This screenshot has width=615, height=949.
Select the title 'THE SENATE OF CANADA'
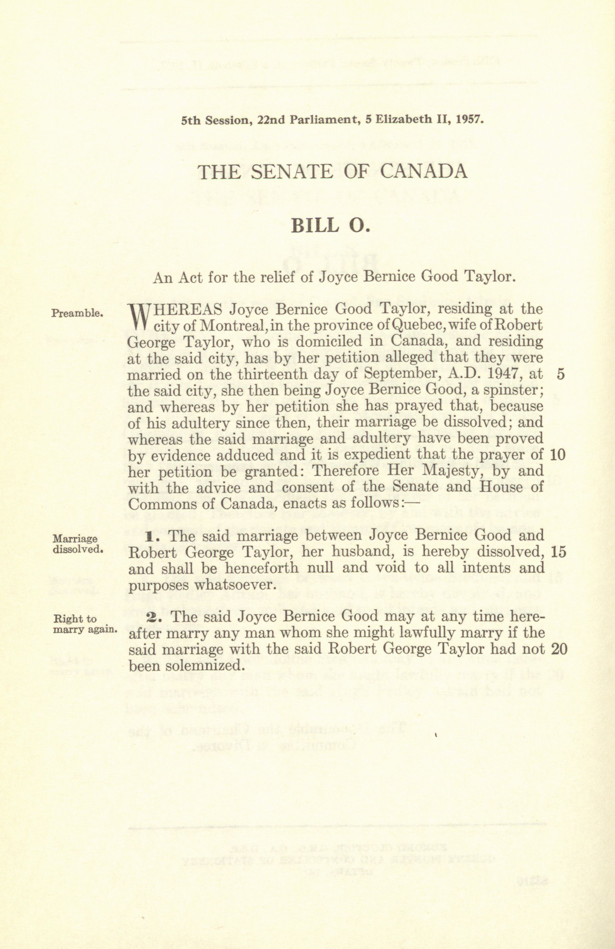(x=332, y=172)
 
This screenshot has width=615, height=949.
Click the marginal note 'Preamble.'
(x=78, y=313)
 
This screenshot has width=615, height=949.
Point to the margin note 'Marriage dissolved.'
(x=78, y=543)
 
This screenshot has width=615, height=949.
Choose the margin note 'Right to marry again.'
(x=84, y=625)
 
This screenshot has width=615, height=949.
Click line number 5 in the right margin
(x=560, y=375)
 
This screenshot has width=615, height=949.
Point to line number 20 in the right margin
(x=559, y=649)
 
